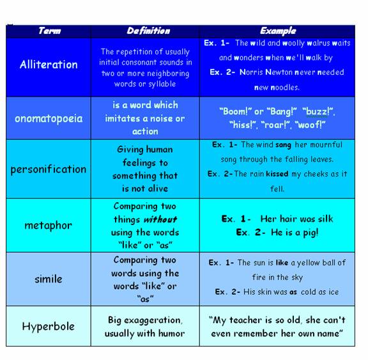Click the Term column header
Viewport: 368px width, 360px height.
49,31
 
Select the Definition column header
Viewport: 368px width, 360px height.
148,31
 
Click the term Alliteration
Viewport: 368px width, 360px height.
49,65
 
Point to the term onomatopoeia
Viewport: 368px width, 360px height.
49,118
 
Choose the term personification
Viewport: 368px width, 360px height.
49,169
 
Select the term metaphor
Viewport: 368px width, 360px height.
49,225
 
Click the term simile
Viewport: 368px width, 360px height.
49,279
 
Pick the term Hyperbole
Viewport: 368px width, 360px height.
49,326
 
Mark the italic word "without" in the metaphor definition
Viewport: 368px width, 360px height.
159,219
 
